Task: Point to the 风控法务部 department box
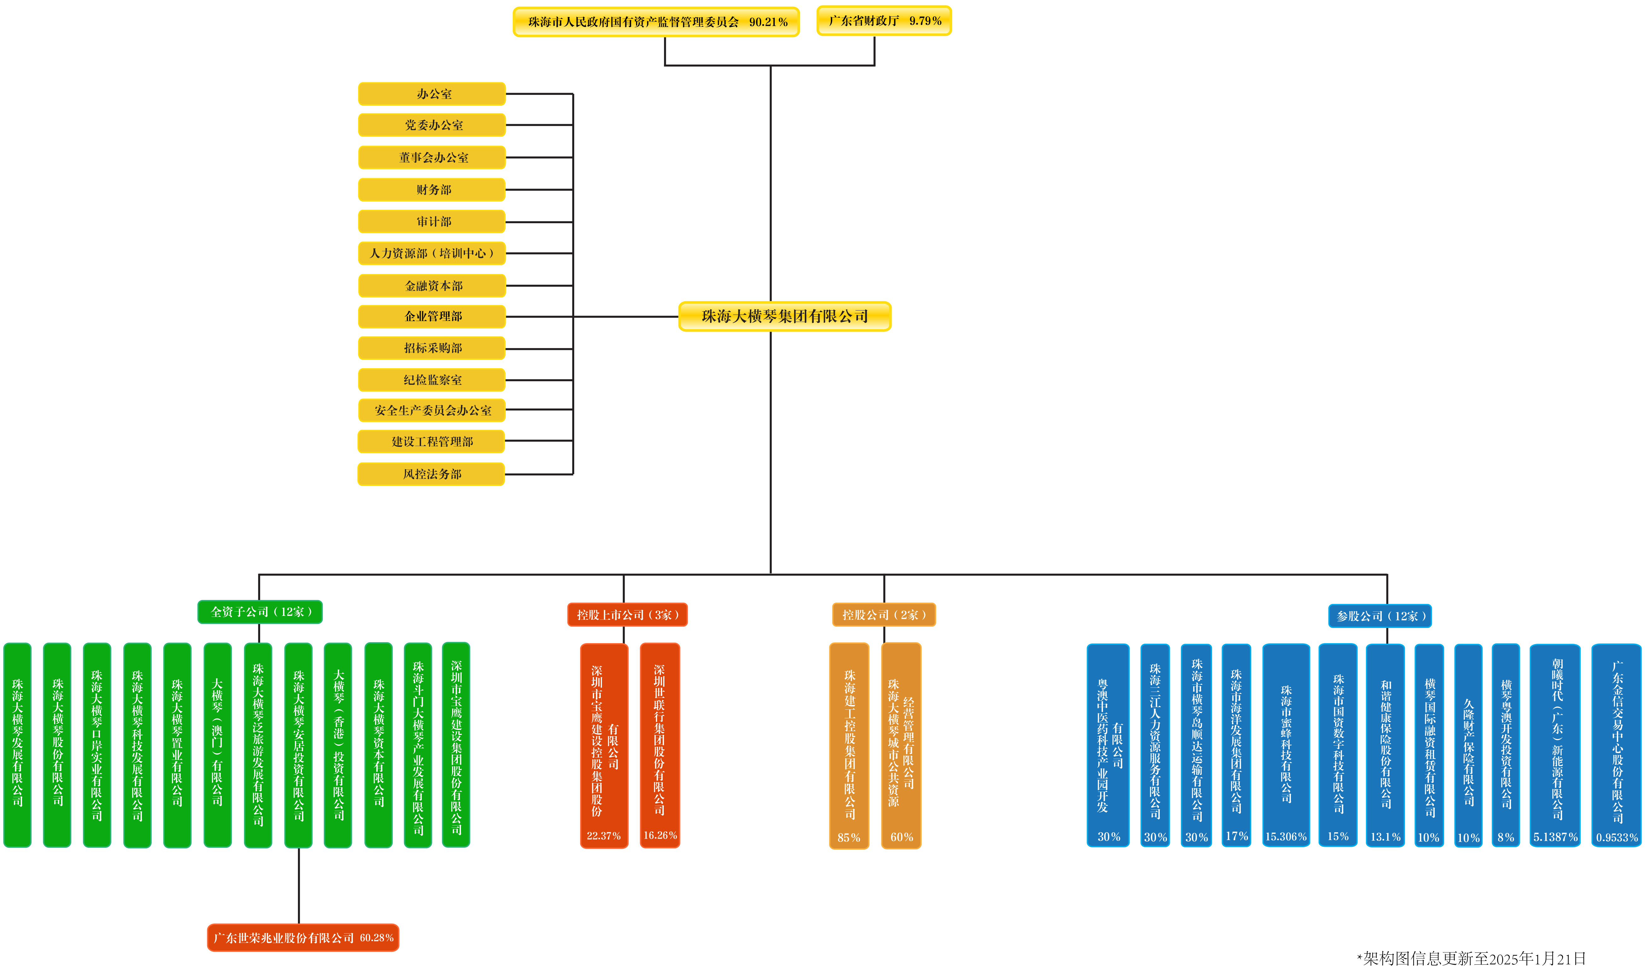pyautogui.click(x=431, y=474)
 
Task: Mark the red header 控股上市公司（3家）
pyautogui.click(x=627, y=615)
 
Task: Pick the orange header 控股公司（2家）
pyautogui.click(x=883, y=615)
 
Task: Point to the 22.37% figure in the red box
pyautogui.click(x=603, y=835)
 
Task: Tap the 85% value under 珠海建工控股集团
pyautogui.click(x=849, y=838)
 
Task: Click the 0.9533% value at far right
pyautogui.click(x=1616, y=838)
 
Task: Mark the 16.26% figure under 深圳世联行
pyautogui.click(x=660, y=835)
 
